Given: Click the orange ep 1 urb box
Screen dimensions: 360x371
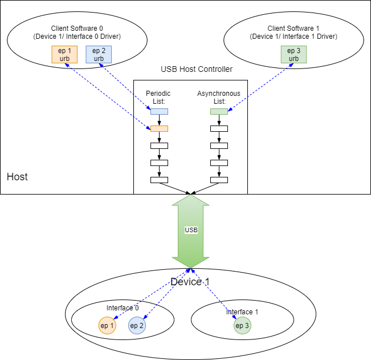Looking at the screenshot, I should [x=64, y=55].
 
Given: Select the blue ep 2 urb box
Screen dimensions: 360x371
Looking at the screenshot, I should [x=99, y=55].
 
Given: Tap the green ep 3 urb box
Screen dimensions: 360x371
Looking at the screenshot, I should [x=293, y=55].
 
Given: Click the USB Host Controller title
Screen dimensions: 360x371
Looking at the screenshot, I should [x=197, y=70].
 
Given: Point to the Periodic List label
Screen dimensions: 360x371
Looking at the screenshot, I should [x=158, y=97].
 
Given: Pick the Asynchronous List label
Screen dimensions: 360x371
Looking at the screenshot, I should [x=219, y=97].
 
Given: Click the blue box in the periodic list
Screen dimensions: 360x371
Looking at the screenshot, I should [x=159, y=112].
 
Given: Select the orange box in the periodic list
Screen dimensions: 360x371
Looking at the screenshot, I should [x=159, y=129].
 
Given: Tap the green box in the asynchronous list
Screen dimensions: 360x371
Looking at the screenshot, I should [x=219, y=112].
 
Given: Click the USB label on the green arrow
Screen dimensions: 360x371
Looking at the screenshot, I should [x=191, y=230].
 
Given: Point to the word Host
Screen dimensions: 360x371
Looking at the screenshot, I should [x=17, y=177].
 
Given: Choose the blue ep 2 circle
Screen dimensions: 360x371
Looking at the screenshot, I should [x=137, y=326].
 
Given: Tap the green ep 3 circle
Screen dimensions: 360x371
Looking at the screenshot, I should [x=242, y=326].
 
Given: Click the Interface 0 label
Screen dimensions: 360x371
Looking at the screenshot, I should [x=123, y=308].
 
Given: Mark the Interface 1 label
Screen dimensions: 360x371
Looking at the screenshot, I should [x=242, y=312].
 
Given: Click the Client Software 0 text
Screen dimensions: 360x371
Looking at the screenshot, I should [x=77, y=29].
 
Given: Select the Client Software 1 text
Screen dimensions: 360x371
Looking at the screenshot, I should [x=293, y=29].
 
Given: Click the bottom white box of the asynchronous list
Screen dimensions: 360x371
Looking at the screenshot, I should [x=219, y=180].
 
